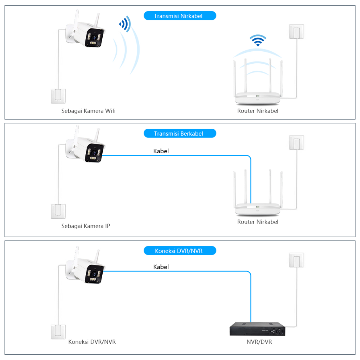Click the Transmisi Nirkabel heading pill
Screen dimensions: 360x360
pyautogui.click(x=180, y=16)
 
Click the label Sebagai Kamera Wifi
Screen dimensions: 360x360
pyautogui.click(x=88, y=111)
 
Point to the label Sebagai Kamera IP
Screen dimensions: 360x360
pyautogui.click(x=85, y=226)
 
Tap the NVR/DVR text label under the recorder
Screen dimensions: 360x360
pyautogui.click(x=259, y=342)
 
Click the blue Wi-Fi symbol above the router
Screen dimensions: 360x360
pyautogui.click(x=258, y=40)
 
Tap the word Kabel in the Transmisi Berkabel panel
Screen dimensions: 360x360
pyautogui.click(x=161, y=151)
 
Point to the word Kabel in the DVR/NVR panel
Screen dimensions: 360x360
pyautogui.click(x=161, y=267)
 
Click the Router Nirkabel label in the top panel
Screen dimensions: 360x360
pyautogui.click(x=258, y=111)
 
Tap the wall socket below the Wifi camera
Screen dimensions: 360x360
pyautogui.click(x=58, y=96)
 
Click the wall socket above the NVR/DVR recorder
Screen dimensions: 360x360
pyautogui.click(x=296, y=260)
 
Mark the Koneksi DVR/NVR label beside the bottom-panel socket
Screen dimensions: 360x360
pyautogui.click(x=92, y=342)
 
